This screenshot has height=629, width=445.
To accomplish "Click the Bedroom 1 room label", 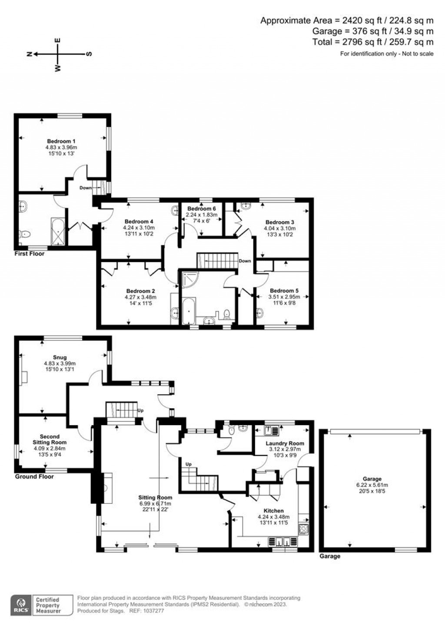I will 61,141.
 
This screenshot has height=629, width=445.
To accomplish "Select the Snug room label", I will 60,358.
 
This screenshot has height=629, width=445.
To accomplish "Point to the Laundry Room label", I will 285,443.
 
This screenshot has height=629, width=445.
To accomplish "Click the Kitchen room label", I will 273,511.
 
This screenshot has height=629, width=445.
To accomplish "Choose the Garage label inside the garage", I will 372,479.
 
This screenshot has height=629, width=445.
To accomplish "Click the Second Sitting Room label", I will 50,439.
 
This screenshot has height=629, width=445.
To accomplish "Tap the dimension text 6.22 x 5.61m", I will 372,485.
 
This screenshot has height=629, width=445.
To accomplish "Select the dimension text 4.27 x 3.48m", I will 140,297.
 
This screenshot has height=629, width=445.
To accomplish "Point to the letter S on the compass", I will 89,54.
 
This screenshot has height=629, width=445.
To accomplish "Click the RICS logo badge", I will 20,605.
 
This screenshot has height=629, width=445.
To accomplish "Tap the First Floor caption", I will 30,253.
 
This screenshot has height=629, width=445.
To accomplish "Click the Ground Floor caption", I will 34,476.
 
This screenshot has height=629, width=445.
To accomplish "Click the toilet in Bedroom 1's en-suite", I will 26,234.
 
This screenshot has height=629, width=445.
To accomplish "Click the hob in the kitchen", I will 303,529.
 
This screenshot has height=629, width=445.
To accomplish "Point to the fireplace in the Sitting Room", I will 106,488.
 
